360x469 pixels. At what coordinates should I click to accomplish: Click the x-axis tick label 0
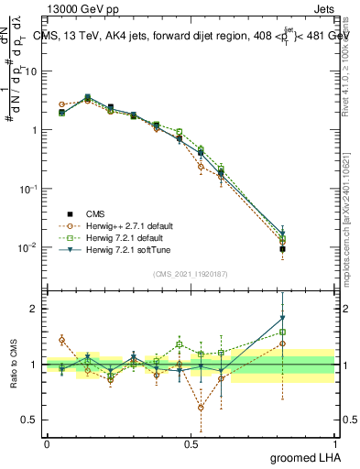tap(47, 443)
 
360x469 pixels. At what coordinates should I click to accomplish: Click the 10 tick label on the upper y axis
tap(31, 71)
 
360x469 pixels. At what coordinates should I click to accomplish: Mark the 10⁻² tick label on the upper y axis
tap(29, 247)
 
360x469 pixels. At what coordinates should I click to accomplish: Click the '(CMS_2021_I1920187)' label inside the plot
tap(190, 273)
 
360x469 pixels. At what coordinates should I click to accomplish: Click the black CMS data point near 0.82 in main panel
tap(283, 248)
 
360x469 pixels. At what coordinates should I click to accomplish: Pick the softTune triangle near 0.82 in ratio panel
tap(283, 318)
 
